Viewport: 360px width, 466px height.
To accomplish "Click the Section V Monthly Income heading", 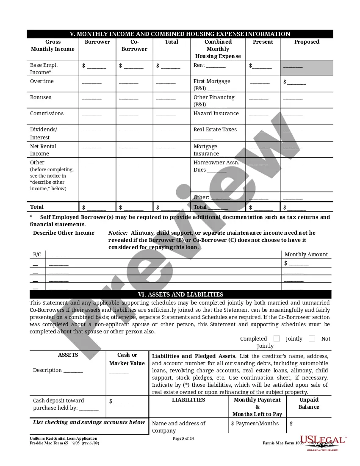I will coord(180,34).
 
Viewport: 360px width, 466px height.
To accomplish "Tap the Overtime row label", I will coord(42,81).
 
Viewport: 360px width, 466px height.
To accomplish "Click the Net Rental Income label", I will coord(43,150).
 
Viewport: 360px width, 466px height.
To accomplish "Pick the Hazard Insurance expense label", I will coord(216,114).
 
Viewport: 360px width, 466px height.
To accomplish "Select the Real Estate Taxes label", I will coord(215,130).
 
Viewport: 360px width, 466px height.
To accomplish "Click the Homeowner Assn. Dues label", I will coord(216,166).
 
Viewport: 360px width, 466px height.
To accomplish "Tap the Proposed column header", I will coord(307,42).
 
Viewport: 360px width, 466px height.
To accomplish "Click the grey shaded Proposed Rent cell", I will coord(307,68).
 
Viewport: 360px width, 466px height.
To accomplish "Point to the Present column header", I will coord(263,42).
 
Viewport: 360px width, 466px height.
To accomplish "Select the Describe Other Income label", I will coord(64,233).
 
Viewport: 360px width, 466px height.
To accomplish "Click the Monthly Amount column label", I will coord(306,255).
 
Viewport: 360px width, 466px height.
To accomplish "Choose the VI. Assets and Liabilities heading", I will coord(180,294).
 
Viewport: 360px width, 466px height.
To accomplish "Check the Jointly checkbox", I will coord(277,338).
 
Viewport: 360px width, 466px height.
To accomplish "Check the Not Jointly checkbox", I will coord(312,338).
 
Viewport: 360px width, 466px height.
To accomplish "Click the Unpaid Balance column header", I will coord(309,403).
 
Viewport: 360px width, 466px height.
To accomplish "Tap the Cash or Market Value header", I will coord(127,359).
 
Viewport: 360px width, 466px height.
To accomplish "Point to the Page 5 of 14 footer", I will coord(183,438).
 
